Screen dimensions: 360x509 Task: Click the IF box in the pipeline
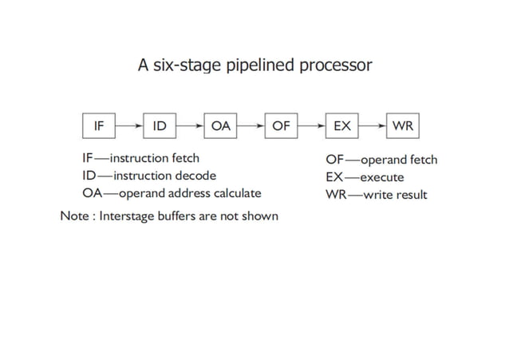tap(100, 125)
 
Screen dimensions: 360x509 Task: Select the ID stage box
tap(160, 125)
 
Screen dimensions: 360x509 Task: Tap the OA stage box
tap(220, 125)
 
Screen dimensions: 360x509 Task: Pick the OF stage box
tap(281, 125)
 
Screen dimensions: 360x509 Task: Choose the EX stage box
tap(341, 125)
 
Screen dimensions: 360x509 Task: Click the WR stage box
tap(403, 125)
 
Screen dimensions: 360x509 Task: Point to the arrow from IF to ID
tap(129, 125)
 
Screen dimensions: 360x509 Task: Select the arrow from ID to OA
tap(190, 125)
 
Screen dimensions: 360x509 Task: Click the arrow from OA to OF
tap(251, 125)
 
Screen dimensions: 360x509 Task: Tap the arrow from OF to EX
tap(311, 125)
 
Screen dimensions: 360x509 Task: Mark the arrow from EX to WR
tap(373, 125)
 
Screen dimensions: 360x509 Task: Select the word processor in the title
tap(335, 65)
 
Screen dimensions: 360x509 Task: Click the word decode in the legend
tap(194, 176)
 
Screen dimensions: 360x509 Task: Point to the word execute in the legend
tap(382, 176)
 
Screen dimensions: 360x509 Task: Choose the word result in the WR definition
tap(411, 194)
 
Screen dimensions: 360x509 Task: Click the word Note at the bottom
tap(74, 216)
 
